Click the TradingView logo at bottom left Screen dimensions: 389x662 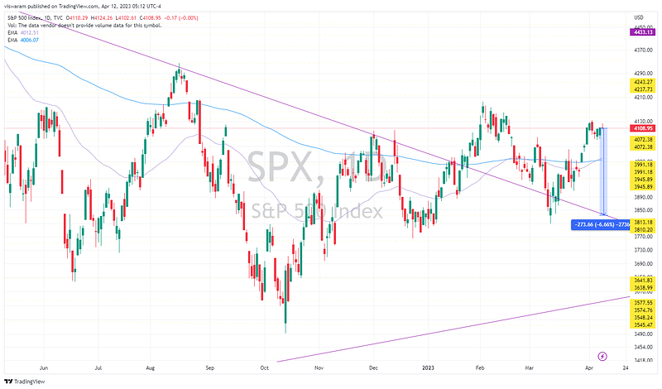coord(24,381)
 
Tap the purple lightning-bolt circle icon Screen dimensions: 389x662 coord(602,354)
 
